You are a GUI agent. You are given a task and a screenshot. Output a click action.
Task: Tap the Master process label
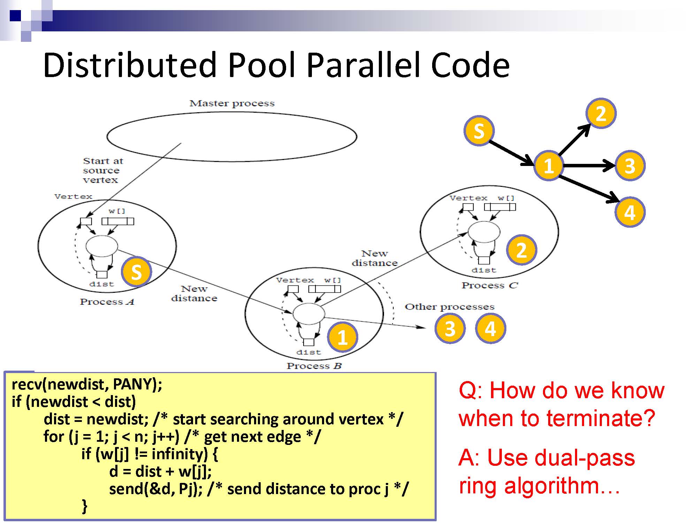232,103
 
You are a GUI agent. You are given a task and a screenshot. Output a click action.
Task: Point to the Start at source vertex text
103,170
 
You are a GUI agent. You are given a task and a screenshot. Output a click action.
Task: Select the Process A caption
107,302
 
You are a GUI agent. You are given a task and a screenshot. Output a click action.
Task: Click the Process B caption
314,366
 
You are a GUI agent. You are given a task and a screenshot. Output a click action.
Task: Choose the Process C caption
490,285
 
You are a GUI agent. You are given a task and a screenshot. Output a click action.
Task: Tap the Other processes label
450,307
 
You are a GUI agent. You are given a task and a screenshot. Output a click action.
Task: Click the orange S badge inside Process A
136,272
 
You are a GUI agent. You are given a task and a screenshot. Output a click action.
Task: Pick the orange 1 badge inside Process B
342,337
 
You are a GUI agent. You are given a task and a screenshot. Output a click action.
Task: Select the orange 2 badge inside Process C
521,250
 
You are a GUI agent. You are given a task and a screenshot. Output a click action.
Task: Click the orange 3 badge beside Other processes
450,328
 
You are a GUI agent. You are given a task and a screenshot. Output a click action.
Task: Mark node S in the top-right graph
479,131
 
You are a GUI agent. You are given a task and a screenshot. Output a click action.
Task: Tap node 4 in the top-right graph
629,212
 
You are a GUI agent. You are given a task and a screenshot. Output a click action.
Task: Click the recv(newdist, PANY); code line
87,384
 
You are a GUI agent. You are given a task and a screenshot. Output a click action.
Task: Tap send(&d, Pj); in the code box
156,489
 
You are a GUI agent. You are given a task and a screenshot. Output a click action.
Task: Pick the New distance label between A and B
194,294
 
